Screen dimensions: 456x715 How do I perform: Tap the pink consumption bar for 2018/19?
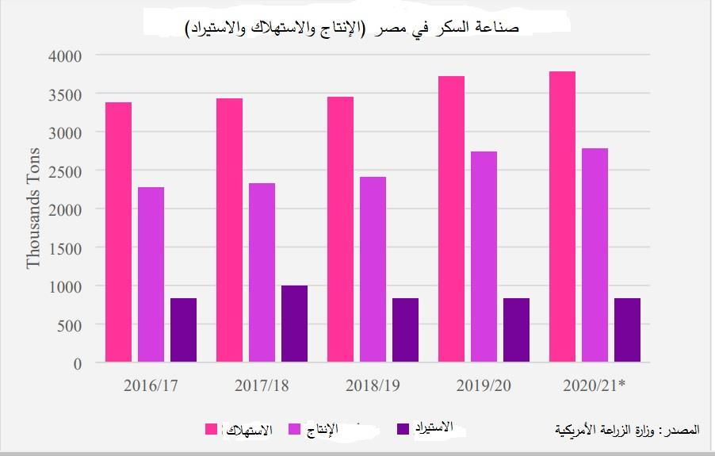(x=340, y=229)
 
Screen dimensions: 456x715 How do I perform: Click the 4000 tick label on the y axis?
(x=66, y=56)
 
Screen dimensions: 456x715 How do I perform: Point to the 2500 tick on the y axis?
(x=66, y=171)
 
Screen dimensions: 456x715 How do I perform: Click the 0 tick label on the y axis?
(x=77, y=364)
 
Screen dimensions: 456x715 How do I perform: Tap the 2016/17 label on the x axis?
(x=151, y=386)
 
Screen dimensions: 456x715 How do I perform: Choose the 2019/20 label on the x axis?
(x=484, y=386)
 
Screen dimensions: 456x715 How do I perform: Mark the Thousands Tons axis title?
(x=33, y=208)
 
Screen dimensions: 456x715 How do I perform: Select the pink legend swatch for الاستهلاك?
(x=212, y=429)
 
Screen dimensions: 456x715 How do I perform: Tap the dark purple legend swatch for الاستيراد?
(x=403, y=429)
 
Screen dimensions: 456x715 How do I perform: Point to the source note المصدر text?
(x=628, y=430)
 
